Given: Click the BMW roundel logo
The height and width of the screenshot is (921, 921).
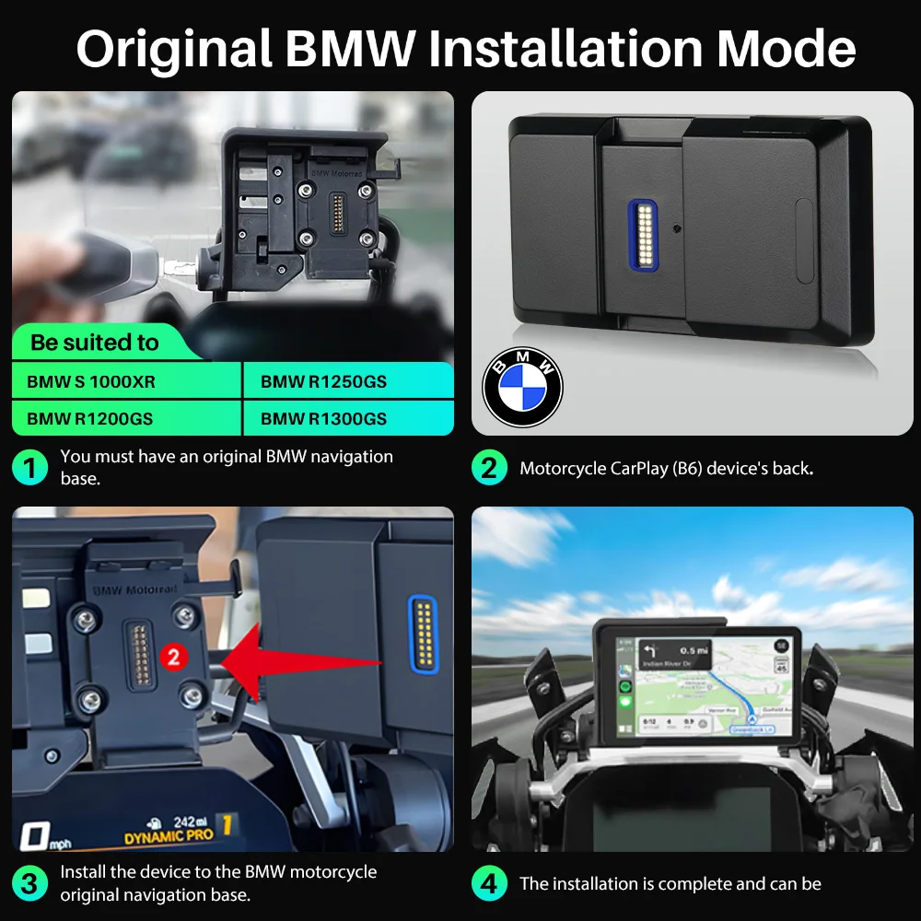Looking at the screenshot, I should pos(522,387).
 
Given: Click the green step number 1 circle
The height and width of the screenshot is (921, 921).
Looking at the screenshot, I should pos(29,468).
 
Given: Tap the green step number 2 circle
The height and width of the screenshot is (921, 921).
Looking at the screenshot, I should pos(489,468).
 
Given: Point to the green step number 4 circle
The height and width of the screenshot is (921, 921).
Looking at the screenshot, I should pos(489,884).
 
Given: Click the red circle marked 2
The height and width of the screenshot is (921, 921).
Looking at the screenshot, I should pos(173,657).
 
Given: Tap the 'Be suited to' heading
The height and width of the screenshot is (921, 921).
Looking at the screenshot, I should pos(95,343).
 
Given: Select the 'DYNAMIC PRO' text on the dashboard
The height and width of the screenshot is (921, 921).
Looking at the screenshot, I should pos(169,836).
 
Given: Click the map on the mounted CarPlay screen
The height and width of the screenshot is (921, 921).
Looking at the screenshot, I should pos(737,686).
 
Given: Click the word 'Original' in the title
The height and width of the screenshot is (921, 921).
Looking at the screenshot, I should pos(174,49).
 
